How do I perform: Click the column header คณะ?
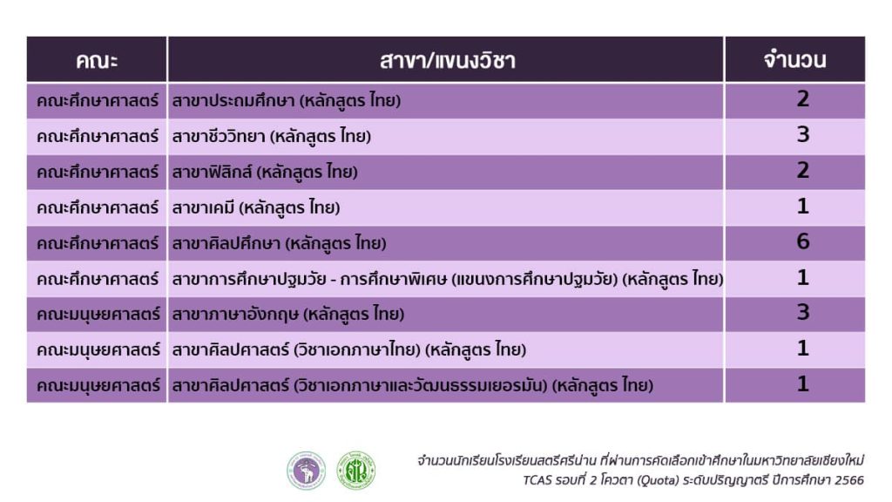(97, 60)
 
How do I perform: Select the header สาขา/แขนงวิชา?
(447, 60)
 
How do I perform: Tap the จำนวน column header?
(794, 60)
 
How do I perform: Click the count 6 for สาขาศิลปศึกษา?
(802, 241)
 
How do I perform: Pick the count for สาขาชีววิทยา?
(802, 135)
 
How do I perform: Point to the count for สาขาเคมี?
(802, 206)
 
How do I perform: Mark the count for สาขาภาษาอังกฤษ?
(802, 313)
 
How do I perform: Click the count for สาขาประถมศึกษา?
(802, 99)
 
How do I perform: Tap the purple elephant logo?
(306, 471)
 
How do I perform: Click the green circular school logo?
(356, 471)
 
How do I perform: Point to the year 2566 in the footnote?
(848, 480)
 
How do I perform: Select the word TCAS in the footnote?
(537, 480)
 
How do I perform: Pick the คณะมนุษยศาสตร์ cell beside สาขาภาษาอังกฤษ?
(98, 314)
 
